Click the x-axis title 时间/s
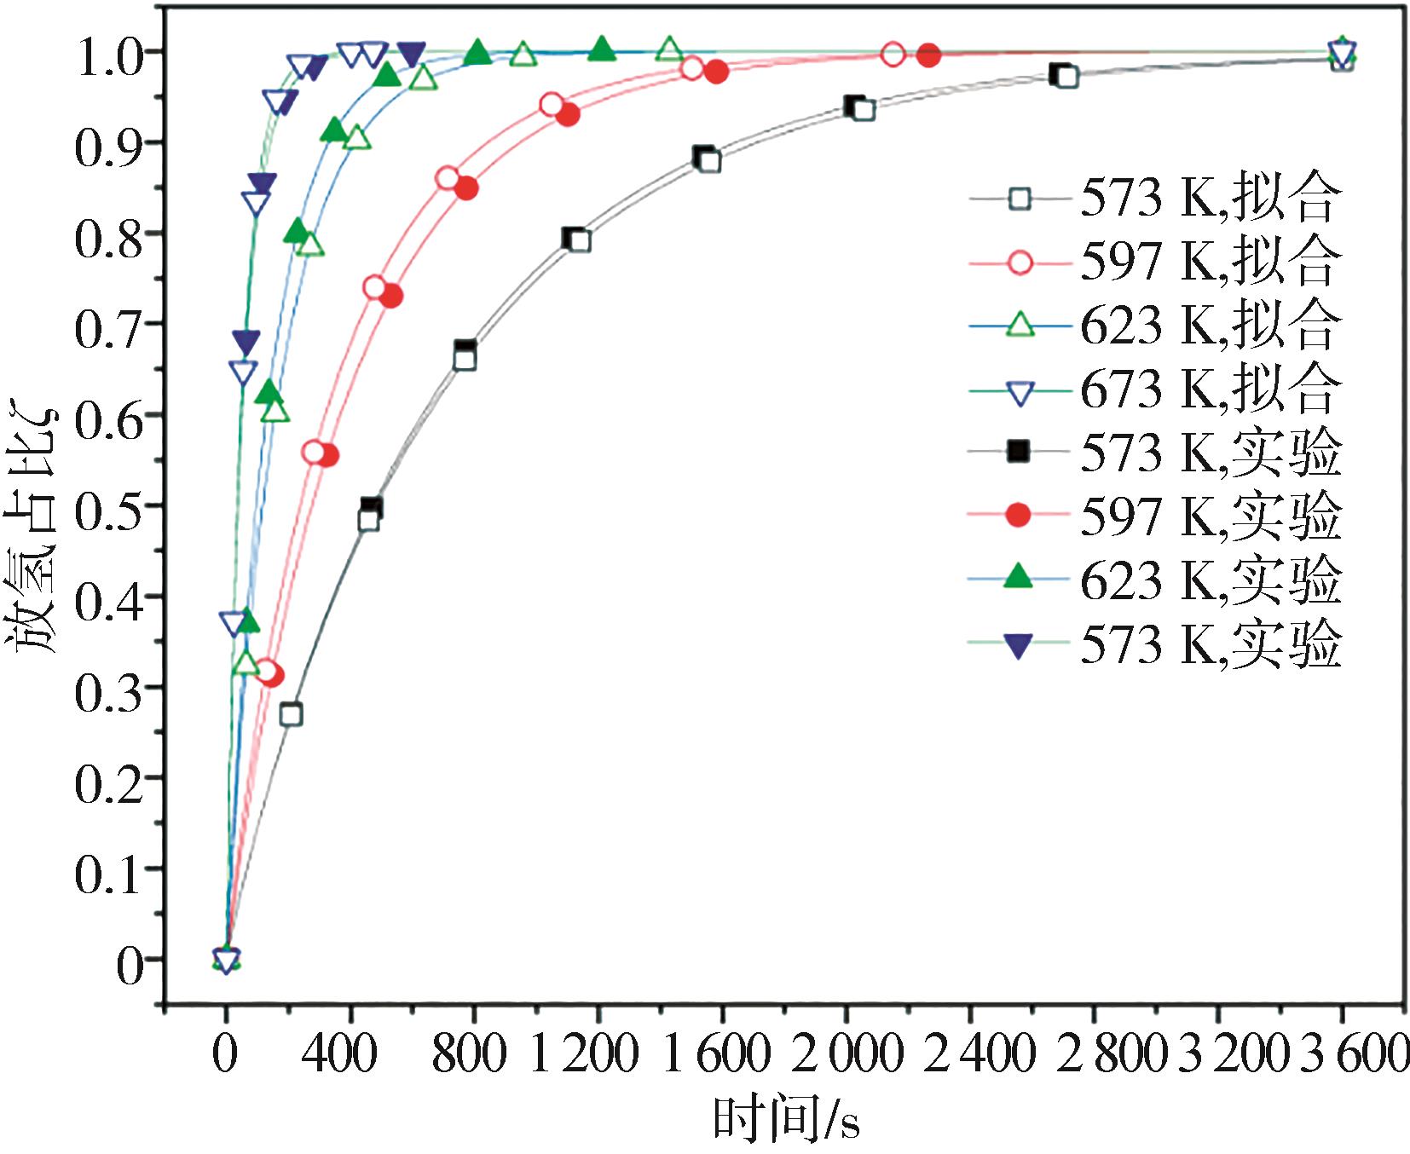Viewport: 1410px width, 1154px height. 785,1119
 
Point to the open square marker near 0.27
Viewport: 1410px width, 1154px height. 291,714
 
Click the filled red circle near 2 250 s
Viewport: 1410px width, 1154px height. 929,55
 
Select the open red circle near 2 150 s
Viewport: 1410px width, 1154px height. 893,55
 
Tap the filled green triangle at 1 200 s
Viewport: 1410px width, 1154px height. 602,49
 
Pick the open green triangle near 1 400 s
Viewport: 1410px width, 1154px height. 670,49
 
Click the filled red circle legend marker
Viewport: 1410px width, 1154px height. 1019,516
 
